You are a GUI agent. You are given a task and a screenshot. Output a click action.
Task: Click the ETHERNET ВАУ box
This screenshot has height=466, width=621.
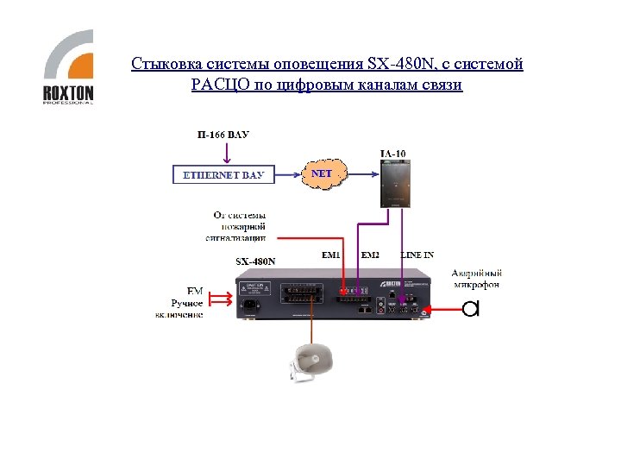point(224,175)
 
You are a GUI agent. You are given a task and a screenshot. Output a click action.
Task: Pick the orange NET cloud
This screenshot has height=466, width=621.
point(321,173)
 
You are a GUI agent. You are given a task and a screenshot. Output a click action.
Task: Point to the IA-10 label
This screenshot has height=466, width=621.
point(392,154)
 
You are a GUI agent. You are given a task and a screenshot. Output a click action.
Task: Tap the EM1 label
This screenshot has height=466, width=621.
point(331,255)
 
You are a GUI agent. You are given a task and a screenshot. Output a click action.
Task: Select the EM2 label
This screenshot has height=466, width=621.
point(370,255)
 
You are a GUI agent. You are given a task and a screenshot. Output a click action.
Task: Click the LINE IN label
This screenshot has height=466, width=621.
point(417,255)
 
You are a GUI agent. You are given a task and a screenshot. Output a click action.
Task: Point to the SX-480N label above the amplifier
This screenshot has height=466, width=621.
point(256,261)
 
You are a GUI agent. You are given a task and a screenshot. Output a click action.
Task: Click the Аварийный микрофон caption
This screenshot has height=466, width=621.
point(475,279)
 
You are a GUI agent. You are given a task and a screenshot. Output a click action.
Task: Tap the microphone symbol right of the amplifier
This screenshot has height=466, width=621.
point(470,308)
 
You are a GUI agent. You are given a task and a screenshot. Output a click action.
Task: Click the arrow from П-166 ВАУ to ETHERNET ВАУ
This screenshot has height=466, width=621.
point(227,152)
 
